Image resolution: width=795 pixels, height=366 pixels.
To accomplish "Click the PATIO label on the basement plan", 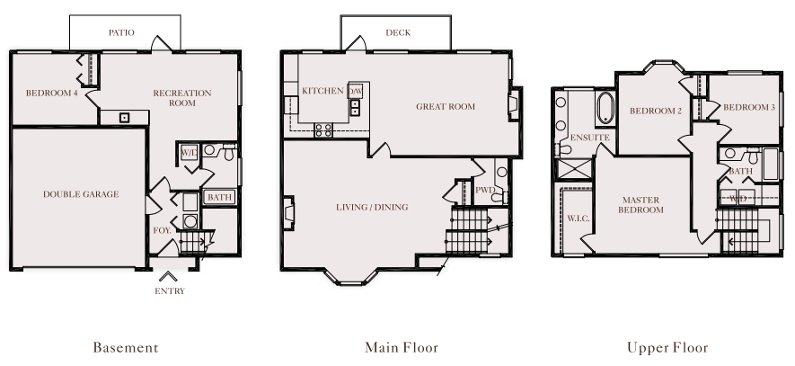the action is [121, 33].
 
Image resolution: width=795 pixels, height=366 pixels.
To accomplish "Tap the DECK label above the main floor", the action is [398, 33].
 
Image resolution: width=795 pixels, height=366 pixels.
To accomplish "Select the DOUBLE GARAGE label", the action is [81, 194].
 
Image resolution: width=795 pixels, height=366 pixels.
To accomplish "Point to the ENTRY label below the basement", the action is [170, 291].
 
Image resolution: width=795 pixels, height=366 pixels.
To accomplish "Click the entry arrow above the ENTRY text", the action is [168, 277].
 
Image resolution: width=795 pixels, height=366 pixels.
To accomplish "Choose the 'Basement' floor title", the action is [126, 348].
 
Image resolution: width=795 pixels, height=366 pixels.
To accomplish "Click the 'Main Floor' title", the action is [402, 348].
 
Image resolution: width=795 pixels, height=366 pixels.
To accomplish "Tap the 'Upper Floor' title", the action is [667, 348].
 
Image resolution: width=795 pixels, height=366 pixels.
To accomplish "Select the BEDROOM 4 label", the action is [52, 94].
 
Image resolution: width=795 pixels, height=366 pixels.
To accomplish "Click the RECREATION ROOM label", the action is [182, 98].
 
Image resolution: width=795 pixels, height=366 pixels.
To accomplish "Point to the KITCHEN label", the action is [322, 91].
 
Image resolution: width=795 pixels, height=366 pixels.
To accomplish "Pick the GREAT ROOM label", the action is [446, 107].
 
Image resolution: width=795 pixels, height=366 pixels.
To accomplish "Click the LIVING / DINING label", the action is [372, 207].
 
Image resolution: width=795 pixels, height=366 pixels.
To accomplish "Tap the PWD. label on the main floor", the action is [485, 191].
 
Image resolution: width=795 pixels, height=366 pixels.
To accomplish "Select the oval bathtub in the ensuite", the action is [605, 108].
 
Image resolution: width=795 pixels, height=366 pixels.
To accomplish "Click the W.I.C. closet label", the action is [578, 219].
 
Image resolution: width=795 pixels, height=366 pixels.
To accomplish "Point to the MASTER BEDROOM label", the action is [640, 205].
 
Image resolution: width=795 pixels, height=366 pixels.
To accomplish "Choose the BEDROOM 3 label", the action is [749, 108].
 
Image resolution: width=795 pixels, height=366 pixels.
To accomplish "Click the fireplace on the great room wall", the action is [515, 104].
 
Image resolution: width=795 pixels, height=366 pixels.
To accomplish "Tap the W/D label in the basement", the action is [190, 152].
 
